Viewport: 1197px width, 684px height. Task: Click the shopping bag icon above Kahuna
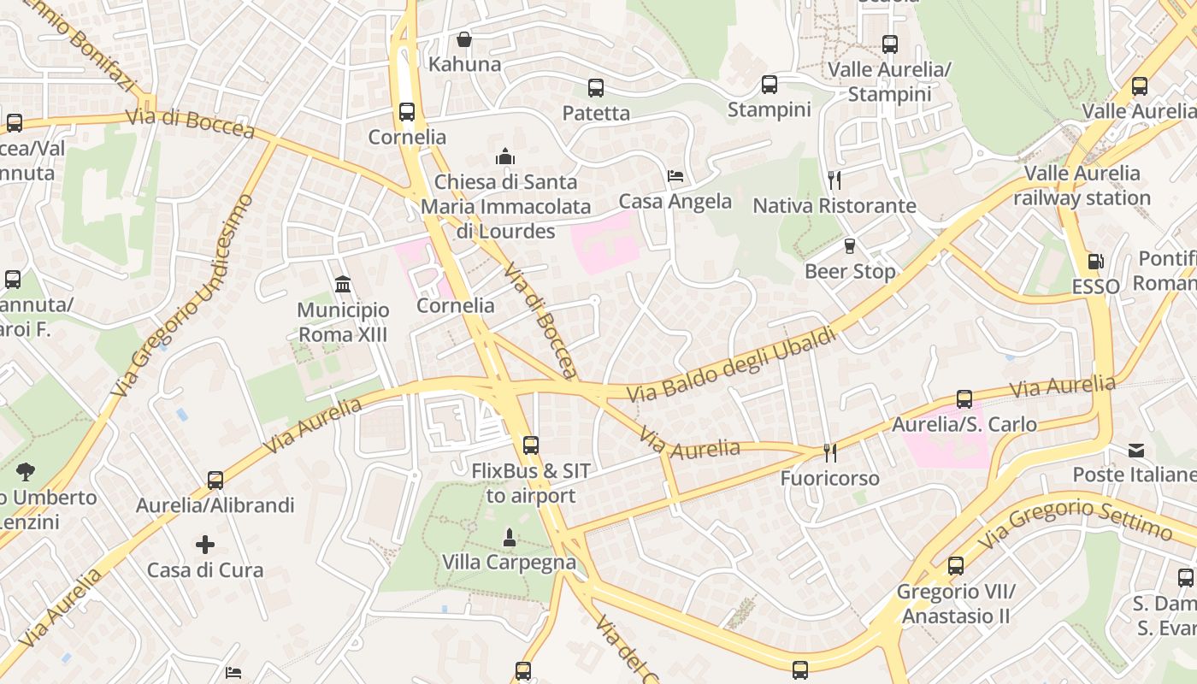(463, 39)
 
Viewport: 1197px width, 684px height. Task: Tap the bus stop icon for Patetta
(596, 87)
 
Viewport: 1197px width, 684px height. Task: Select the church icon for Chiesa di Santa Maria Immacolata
(505, 156)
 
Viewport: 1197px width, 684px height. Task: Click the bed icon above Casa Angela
(675, 176)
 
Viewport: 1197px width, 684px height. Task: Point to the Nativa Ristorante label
(834, 206)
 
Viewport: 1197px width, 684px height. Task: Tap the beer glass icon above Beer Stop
(849, 246)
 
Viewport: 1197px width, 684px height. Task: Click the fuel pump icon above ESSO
(1095, 262)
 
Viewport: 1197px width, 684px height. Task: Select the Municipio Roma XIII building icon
(343, 284)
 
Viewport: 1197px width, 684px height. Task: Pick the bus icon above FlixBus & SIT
(531, 445)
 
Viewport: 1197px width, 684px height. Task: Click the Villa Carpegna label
(509, 563)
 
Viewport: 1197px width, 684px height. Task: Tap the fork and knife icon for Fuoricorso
(829, 452)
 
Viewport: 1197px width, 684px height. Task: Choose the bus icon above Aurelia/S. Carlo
(964, 398)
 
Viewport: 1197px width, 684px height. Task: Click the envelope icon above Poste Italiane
(1135, 450)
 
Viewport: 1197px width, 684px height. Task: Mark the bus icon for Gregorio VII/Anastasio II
(955, 565)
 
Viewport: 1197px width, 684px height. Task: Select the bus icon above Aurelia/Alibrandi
(215, 480)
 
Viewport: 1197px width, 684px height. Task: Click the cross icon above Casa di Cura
(205, 545)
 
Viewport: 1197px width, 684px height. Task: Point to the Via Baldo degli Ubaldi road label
(732, 365)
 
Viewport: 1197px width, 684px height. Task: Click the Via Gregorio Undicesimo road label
(183, 296)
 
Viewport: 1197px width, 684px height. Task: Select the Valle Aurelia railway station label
(1082, 186)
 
